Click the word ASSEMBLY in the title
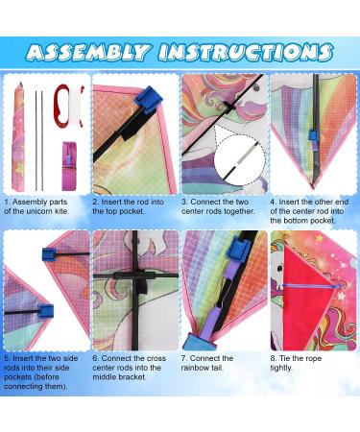(x=87, y=52)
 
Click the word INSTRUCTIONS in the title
(x=246, y=52)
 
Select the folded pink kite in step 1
(x=18, y=136)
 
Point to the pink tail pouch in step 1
(x=69, y=166)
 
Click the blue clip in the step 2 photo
(x=147, y=99)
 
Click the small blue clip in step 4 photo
(x=312, y=135)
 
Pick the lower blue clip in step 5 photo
(x=46, y=311)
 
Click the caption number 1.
(x=8, y=203)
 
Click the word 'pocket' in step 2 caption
(x=132, y=211)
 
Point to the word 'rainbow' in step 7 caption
(x=194, y=368)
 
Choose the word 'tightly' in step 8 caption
(x=281, y=368)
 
